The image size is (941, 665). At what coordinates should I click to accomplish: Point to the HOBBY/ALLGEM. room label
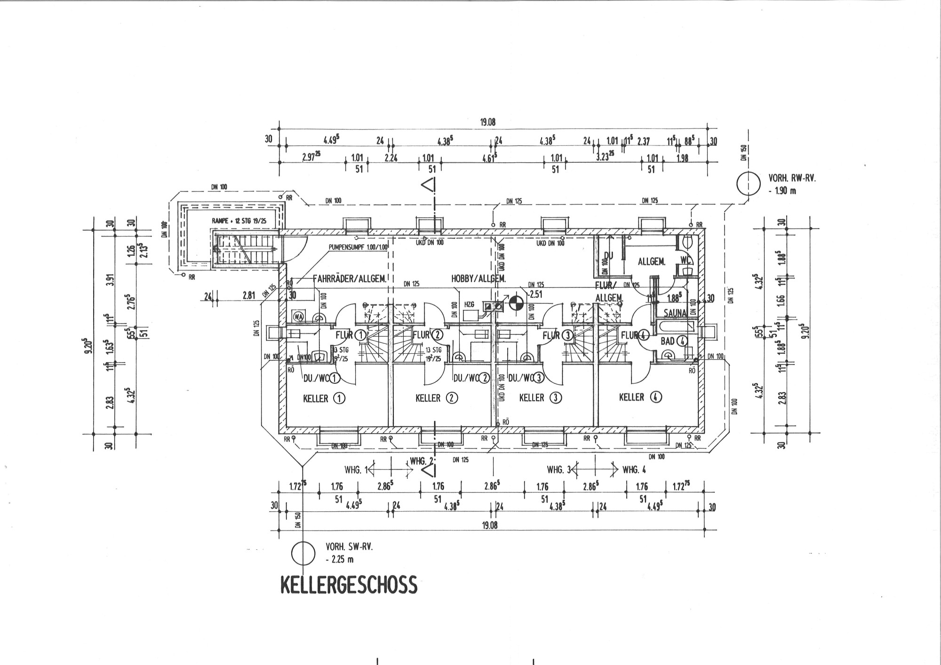point(478,278)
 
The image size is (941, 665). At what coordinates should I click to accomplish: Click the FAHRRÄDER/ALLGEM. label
point(350,278)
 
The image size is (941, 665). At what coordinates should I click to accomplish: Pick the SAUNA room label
point(676,312)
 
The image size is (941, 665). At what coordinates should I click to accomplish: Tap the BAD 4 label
point(674,341)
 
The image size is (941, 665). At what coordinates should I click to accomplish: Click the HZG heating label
point(469,305)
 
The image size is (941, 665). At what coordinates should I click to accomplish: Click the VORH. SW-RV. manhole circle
point(303,553)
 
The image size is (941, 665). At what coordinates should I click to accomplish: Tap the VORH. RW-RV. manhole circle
point(748,184)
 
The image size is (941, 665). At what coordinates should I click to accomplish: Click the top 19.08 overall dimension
point(488,122)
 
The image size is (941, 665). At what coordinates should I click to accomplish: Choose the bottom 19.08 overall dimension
point(489,525)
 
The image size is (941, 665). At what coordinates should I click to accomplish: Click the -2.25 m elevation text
point(339,559)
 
